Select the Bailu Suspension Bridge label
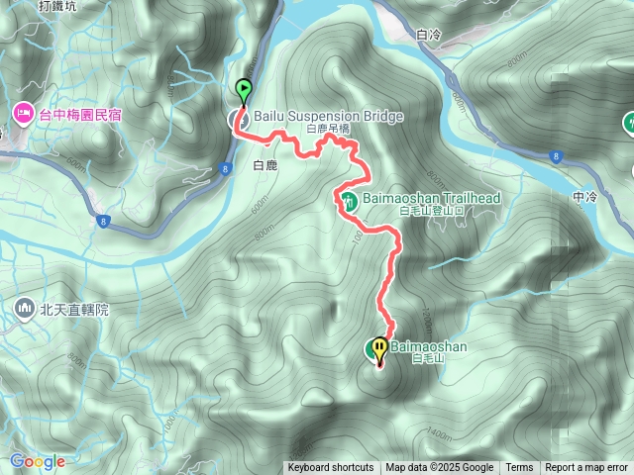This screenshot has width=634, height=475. pyautogui.click(x=329, y=117)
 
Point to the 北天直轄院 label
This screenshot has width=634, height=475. pyautogui.click(x=74, y=310)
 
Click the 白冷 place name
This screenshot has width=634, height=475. pyautogui.click(x=429, y=35)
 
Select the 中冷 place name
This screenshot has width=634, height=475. pyautogui.click(x=585, y=197)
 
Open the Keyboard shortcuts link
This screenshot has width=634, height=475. pyautogui.click(x=331, y=468)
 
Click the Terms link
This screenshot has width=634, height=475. pyautogui.click(x=519, y=468)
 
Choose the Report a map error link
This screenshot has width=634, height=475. pyautogui.click(x=586, y=468)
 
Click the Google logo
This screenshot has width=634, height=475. pyautogui.click(x=38, y=461)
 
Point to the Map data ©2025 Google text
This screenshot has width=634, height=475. pyautogui.click(x=440, y=468)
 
